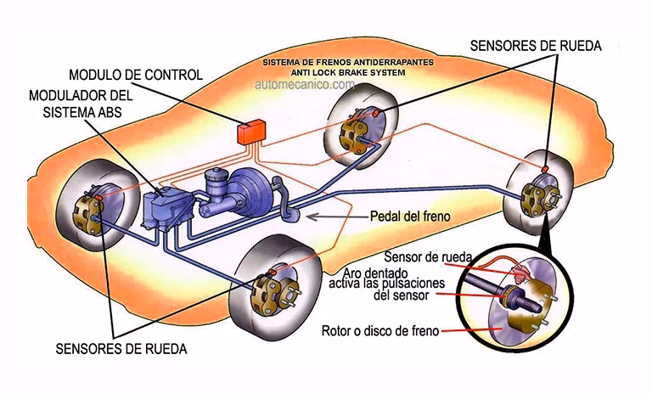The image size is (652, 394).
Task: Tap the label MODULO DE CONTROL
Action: (x=135, y=75)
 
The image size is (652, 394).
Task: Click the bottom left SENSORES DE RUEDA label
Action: (x=121, y=348)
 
